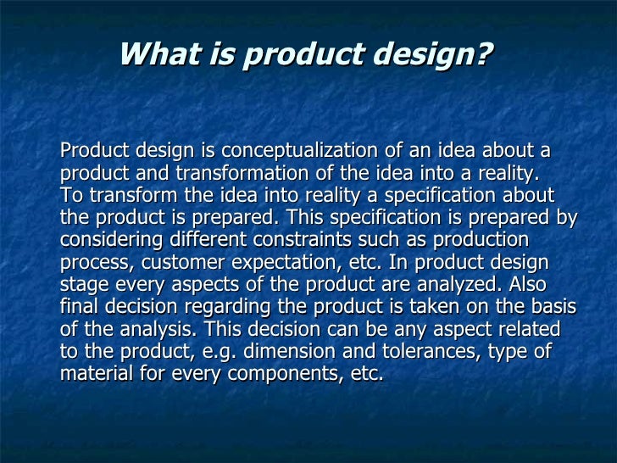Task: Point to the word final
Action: [80, 306]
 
